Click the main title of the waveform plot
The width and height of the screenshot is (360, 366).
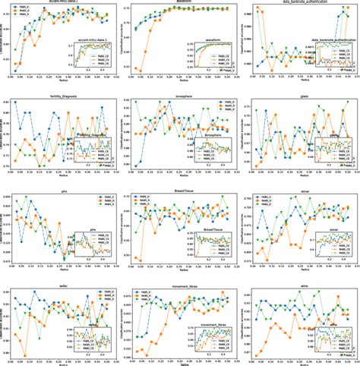(179, 2)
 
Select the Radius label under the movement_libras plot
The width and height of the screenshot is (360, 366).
(179, 364)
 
